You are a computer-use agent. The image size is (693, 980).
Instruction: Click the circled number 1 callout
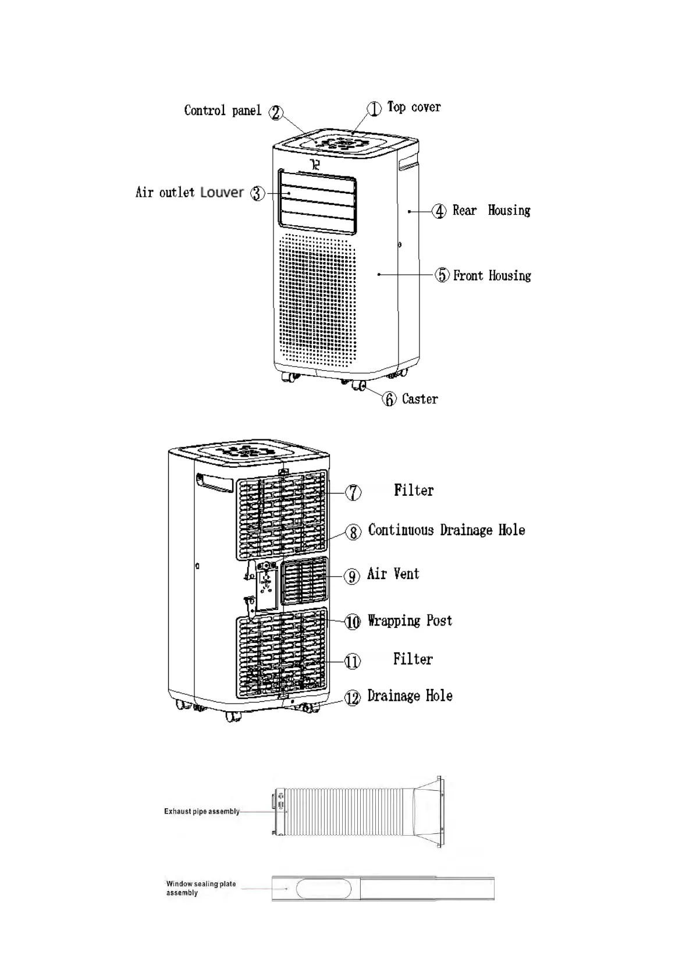tap(374, 109)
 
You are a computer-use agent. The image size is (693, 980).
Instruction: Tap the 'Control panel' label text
tap(222, 111)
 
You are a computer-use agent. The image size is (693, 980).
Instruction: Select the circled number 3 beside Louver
tap(257, 193)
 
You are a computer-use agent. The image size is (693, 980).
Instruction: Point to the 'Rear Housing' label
tap(491, 211)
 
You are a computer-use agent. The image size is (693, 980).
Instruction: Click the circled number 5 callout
tap(442, 275)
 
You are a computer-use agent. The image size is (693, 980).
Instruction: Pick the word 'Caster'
tap(420, 399)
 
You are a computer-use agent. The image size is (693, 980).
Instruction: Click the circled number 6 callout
tap(389, 399)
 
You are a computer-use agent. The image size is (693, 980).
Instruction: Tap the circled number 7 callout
tap(353, 492)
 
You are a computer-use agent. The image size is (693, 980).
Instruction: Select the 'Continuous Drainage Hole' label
tap(446, 530)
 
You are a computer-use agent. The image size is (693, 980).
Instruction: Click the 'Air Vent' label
tap(393, 574)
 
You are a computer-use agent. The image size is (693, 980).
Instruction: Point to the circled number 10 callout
tap(353, 622)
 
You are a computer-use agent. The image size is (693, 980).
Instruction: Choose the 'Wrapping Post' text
tap(410, 621)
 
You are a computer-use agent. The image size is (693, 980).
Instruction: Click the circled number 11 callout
tap(353, 661)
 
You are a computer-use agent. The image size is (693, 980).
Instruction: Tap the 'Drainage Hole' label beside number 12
tap(410, 696)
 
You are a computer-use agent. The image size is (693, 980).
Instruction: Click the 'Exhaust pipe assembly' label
tap(201, 811)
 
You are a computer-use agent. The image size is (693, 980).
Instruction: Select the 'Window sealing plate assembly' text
tap(201, 888)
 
